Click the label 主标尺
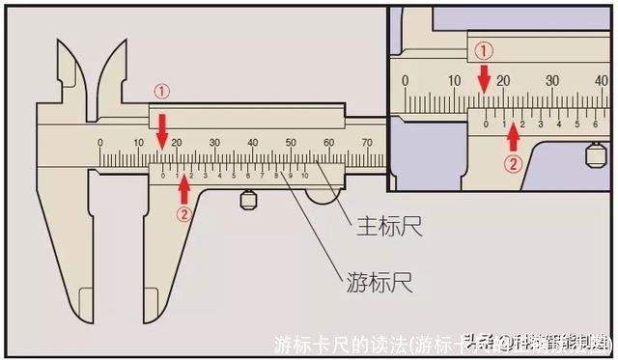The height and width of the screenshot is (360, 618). (385, 229)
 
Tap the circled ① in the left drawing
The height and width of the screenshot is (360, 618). (161, 92)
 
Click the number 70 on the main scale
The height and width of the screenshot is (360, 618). (366, 143)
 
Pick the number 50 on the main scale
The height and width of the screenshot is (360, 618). (290, 143)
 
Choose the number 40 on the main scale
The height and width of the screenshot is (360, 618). (252, 143)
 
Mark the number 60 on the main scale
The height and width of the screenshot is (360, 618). (328, 143)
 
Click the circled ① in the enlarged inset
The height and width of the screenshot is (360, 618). (486, 49)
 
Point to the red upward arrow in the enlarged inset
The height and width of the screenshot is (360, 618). (513, 135)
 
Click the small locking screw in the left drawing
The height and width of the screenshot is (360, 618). (248, 200)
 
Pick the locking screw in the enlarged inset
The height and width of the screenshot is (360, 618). (595, 153)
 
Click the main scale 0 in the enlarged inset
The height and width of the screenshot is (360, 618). (406, 80)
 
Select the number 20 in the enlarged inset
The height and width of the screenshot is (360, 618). (503, 80)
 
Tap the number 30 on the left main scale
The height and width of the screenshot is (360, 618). (213, 143)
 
